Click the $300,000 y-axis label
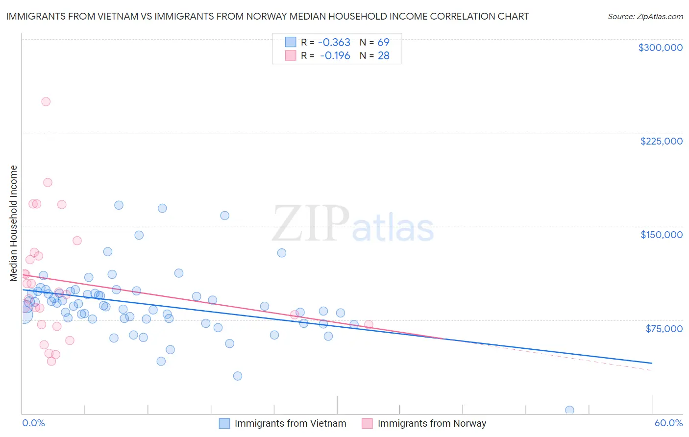point(660,48)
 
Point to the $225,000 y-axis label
point(661,141)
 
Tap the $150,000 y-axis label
point(661,235)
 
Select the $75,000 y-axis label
point(664,329)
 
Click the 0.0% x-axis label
point(33,423)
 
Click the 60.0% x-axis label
point(668,423)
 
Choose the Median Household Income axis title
point(14,223)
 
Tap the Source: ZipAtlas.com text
point(645,16)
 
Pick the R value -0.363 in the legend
point(334,42)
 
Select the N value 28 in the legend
point(383,56)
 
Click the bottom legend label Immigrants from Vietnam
point(290,423)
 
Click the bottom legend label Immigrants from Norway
point(432,423)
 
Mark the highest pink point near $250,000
point(46,102)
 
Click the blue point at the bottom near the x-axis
point(569,410)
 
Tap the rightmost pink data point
point(369,324)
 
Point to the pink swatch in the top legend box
point(291,55)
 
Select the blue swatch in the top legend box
point(291,42)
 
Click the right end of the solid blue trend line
point(652,363)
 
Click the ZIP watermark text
point(311,224)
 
